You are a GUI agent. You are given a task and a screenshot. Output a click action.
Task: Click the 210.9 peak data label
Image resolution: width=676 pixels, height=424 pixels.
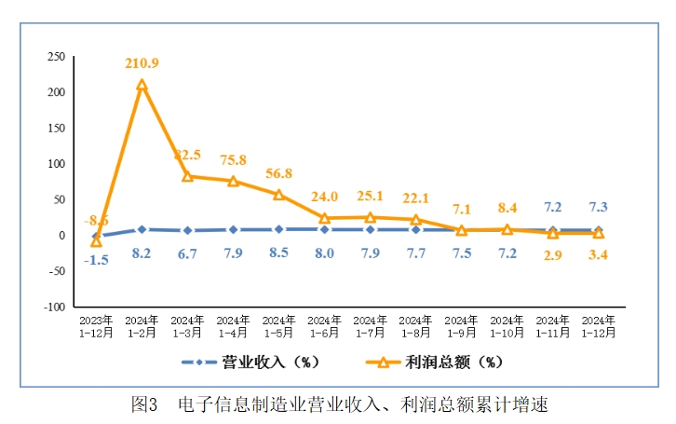142,63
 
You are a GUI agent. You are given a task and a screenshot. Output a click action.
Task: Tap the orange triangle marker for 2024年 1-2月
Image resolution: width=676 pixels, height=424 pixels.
142,86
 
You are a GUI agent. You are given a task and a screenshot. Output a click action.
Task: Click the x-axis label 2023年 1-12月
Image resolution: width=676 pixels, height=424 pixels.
96,326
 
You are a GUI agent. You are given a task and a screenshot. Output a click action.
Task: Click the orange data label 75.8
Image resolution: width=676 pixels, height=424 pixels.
234,159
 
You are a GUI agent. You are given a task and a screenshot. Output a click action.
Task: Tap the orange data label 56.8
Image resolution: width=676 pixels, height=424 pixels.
279,173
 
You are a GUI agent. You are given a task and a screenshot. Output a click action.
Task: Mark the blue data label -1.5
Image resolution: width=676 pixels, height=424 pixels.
96,260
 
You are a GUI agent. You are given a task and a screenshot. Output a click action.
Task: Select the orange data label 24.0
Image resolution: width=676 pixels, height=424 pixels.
325,197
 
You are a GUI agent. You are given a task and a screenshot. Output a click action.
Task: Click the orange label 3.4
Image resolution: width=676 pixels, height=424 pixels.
599,254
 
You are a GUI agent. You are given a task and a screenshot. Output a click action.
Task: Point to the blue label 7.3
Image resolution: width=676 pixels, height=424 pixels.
599,207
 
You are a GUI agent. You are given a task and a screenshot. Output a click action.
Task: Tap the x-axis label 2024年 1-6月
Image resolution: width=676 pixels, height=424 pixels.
325,326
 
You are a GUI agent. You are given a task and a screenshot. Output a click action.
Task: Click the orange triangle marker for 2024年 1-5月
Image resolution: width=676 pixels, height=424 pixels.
279,195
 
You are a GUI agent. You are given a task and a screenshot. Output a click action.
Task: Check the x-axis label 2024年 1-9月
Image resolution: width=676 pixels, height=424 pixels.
462,326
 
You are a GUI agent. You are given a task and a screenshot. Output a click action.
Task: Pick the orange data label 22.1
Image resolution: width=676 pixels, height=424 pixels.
416,198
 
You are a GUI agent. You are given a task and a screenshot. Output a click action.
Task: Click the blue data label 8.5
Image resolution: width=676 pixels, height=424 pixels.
279,253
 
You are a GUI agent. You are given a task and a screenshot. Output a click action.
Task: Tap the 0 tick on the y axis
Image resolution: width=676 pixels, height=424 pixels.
61,236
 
